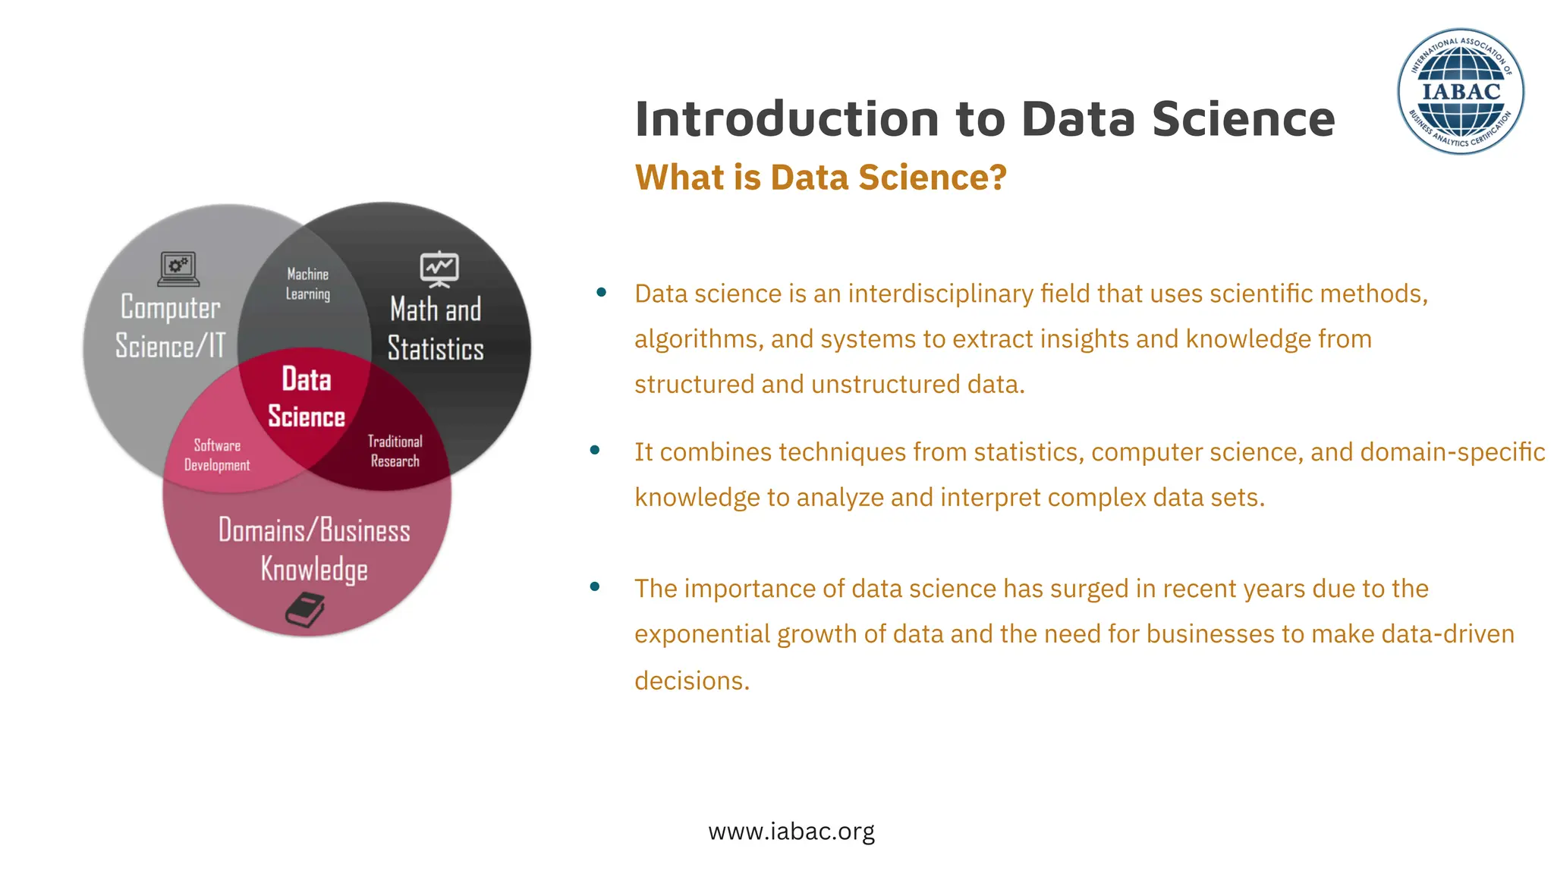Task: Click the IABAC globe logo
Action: tap(1461, 92)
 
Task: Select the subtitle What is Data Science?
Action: tap(820, 178)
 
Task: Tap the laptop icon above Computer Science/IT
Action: tap(178, 269)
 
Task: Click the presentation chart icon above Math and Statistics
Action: tap(439, 269)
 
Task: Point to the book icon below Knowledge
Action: tap(305, 610)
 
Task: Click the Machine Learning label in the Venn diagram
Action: tap(307, 284)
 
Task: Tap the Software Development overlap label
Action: tap(217, 455)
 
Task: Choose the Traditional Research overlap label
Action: tap(395, 451)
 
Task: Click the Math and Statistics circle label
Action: tap(436, 329)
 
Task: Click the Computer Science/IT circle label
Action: tap(171, 326)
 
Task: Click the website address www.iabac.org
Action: tap(791, 832)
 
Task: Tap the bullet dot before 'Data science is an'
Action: tap(601, 292)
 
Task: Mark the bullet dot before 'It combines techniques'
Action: tap(595, 450)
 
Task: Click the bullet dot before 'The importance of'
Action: tap(595, 586)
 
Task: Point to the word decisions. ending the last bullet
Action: tap(691, 681)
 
